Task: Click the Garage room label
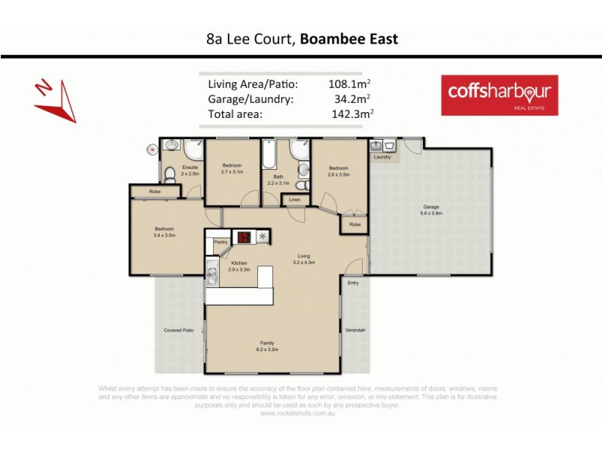point(431,207)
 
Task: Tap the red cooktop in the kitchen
point(245,237)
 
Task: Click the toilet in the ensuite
point(170,174)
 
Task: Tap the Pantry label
point(220,242)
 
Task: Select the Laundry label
point(382,157)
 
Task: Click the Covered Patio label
point(178,330)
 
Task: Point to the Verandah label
point(357,330)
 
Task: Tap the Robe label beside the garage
point(354,224)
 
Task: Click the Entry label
point(353,283)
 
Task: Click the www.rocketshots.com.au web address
point(298,412)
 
